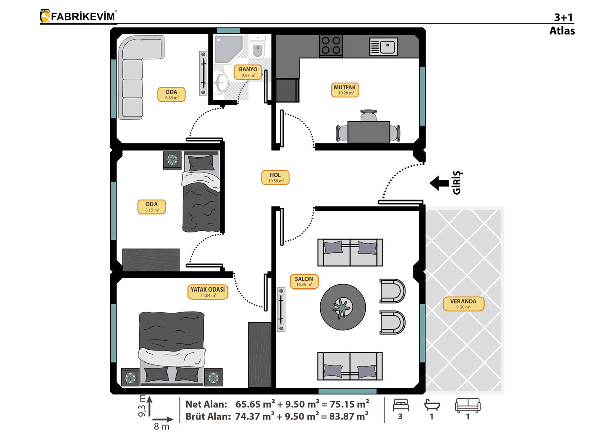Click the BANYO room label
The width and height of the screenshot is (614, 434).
[248, 73]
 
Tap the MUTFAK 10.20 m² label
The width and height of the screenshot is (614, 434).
[345, 90]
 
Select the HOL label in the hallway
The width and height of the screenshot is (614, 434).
[275, 178]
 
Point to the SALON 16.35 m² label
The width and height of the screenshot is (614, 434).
[304, 281]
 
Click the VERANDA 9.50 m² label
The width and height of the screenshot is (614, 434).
[464, 304]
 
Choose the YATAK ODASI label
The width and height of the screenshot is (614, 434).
[208, 292]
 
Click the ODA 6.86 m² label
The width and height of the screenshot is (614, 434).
[171, 95]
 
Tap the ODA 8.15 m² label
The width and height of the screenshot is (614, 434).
[151, 207]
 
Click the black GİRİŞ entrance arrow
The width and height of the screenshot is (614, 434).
[439, 183]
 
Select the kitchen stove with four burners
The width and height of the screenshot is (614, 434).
[331, 45]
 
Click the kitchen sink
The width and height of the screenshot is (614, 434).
[383, 47]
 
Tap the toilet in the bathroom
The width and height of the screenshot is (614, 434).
[257, 47]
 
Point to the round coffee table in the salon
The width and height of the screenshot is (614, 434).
[343, 307]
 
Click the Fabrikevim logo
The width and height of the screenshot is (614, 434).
[79, 16]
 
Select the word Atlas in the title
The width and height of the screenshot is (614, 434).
[562, 31]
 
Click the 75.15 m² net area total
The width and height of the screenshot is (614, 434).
[349, 404]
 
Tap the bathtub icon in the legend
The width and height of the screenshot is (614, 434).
[432, 405]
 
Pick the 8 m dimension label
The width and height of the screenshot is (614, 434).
[161, 426]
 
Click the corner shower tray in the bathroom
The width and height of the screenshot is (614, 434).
[228, 50]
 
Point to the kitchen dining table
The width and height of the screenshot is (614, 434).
[369, 132]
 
